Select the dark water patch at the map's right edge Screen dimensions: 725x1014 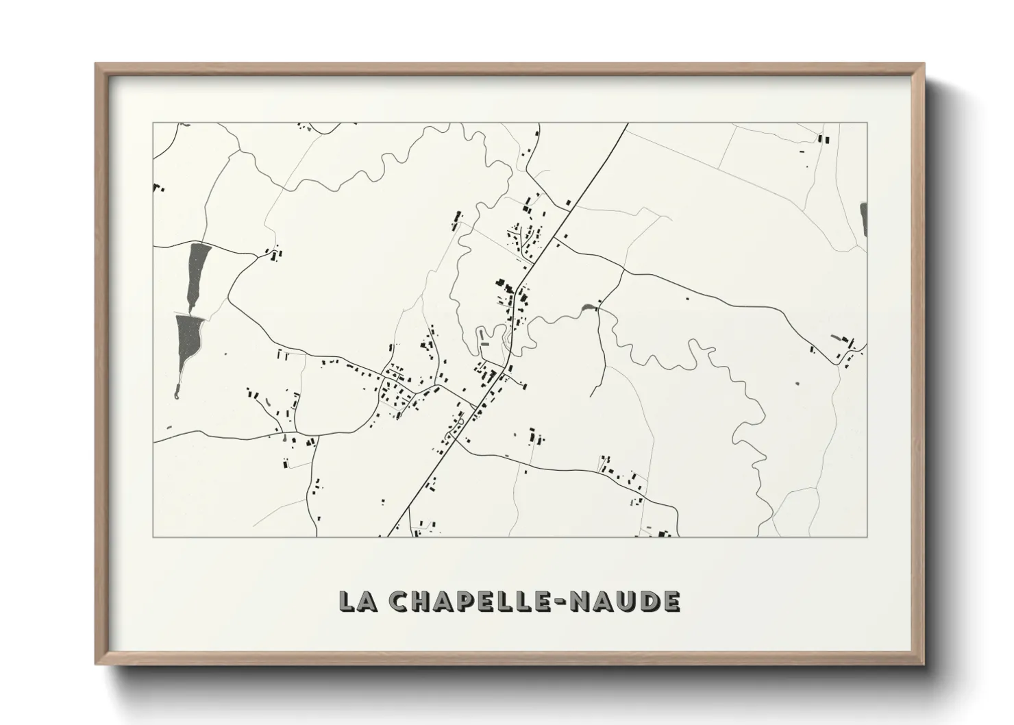pos(863,219)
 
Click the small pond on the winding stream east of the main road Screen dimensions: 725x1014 pos(587,308)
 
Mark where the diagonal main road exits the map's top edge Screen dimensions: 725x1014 pos(627,124)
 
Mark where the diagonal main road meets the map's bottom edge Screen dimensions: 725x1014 pos(389,535)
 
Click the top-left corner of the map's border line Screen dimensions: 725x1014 pos(153,123)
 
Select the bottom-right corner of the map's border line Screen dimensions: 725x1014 pos(867,536)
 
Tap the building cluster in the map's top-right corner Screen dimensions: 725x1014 pos(822,139)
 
